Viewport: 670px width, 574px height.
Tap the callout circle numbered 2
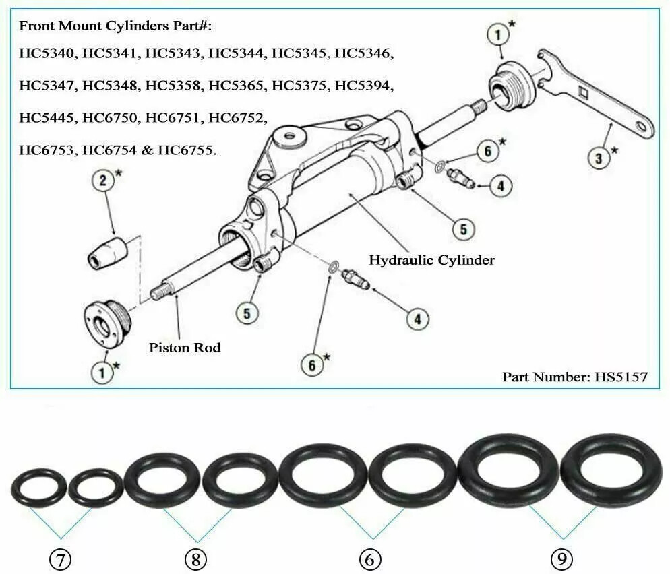pyautogui.click(x=103, y=181)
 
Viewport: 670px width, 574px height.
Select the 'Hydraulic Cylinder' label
pyautogui.click(x=431, y=259)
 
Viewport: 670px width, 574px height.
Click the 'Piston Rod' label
pyautogui.click(x=185, y=348)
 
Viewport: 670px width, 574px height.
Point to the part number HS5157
pyautogui.click(x=574, y=376)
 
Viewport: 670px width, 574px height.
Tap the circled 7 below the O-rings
pyautogui.click(x=61, y=559)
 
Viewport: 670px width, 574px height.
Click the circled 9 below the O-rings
pyautogui.click(x=562, y=559)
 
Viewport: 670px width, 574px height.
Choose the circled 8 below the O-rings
pyautogui.click(x=195, y=559)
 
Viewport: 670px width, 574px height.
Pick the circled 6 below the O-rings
pyautogui.click(x=370, y=559)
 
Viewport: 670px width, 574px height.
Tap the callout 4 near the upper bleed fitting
pyautogui.click(x=499, y=185)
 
